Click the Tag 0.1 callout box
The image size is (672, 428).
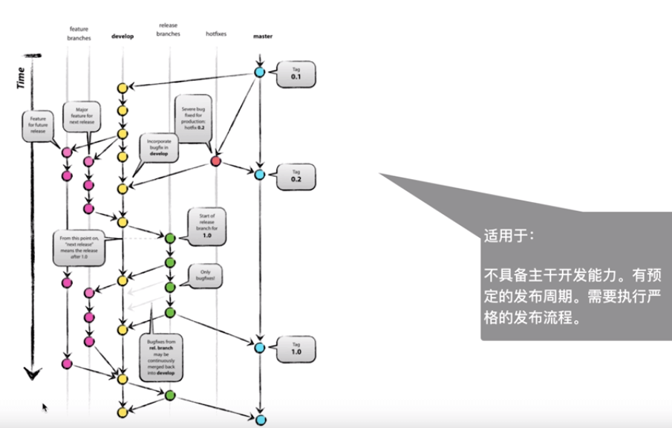click(x=296, y=74)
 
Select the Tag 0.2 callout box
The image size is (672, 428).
click(x=296, y=176)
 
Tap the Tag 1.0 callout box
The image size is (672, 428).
click(x=296, y=348)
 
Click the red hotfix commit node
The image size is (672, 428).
click(x=216, y=160)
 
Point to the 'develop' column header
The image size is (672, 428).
click(x=123, y=36)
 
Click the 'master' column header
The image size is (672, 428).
click(x=262, y=36)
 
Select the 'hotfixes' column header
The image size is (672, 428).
click(x=217, y=34)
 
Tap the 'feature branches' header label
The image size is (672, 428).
click(x=78, y=33)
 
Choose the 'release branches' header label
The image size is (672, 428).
click(x=169, y=30)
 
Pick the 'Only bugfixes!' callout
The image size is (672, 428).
click(x=203, y=276)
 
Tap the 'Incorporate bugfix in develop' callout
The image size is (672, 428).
click(x=160, y=148)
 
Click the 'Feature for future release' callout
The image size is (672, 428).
click(x=38, y=124)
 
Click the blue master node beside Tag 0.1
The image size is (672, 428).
click(x=259, y=72)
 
